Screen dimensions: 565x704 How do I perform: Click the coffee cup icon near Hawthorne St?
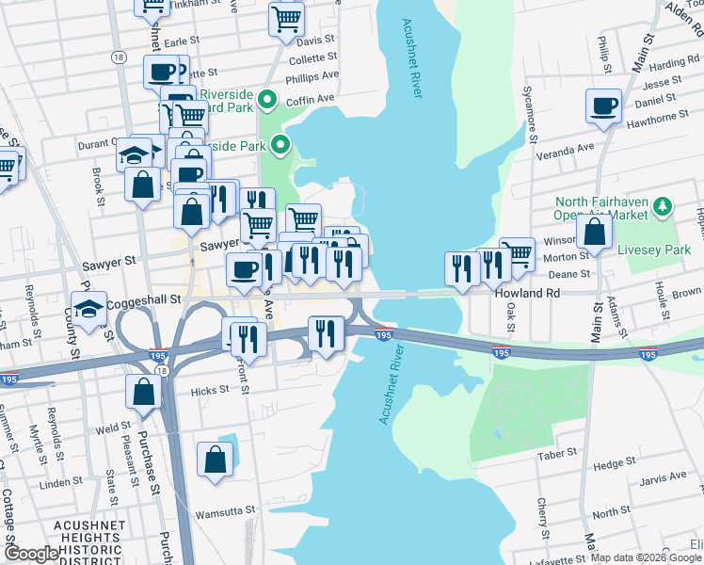tap(602, 105)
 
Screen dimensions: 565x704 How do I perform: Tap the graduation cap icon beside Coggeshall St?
tap(88, 310)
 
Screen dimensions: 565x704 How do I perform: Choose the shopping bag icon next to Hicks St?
tap(142, 393)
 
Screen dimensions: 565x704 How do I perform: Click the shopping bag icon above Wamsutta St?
tap(215, 460)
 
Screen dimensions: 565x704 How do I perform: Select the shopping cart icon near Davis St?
tap(285, 19)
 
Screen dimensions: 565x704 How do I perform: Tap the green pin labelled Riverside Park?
tap(280, 145)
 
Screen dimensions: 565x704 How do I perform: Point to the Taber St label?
tap(555, 454)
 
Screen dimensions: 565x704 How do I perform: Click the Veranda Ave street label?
tap(572, 148)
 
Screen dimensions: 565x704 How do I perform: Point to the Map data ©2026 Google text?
tap(646, 557)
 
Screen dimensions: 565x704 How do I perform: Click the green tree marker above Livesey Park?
tap(663, 204)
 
